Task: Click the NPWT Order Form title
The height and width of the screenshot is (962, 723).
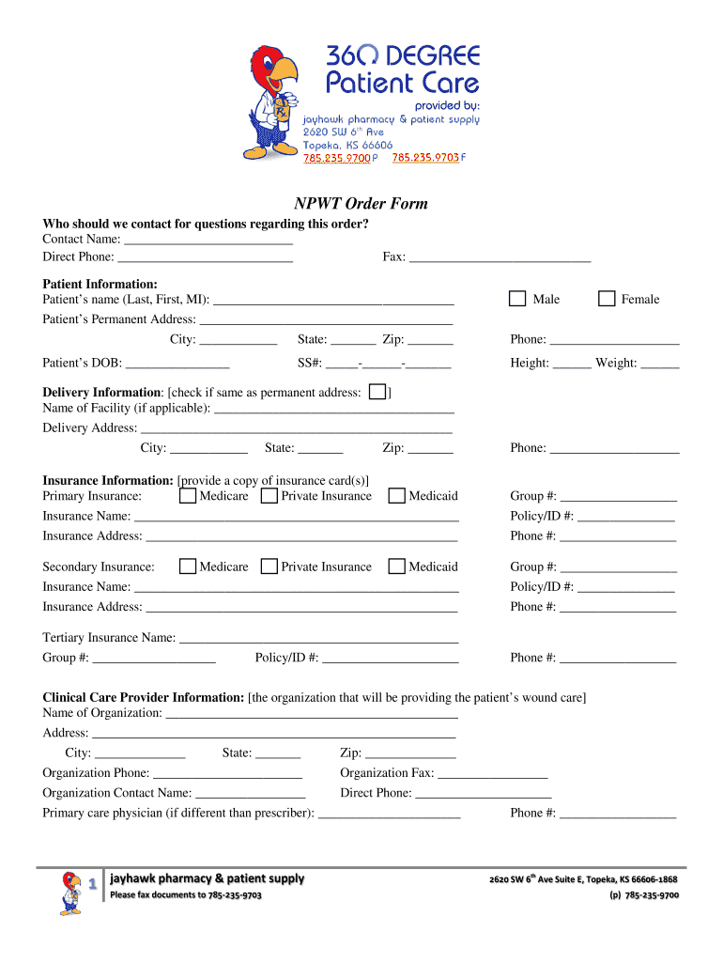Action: point(361,204)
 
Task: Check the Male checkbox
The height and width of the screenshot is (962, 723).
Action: point(517,299)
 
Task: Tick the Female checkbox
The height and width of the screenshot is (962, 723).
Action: point(606,299)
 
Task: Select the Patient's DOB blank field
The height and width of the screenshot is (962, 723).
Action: point(177,363)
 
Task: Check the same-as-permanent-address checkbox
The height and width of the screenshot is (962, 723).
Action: point(377,392)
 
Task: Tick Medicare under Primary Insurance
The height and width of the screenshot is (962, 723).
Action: point(188,495)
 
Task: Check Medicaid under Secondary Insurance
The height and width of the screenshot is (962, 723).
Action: point(396,566)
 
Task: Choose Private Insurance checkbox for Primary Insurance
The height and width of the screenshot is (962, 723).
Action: point(269,495)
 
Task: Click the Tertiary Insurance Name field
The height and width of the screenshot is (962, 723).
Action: point(318,638)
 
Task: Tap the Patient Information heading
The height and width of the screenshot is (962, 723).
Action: point(100,284)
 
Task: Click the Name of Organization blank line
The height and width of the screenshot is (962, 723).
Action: point(310,713)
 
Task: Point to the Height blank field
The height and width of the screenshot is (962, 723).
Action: point(572,363)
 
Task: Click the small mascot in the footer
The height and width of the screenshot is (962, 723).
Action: point(71,892)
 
